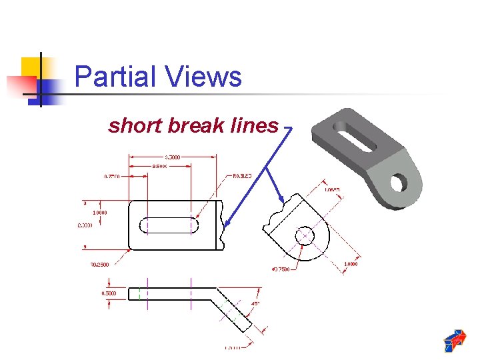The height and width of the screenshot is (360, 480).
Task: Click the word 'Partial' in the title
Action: (x=111, y=77)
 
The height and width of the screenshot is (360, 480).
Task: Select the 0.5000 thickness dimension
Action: (x=109, y=293)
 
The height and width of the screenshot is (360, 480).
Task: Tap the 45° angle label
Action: (x=255, y=304)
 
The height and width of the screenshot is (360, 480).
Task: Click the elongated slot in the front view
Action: (x=170, y=225)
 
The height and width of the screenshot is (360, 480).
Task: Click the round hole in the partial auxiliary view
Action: (x=305, y=235)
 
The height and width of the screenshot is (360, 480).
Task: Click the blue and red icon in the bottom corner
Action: (x=455, y=340)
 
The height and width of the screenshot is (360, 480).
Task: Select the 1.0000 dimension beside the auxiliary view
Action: (x=351, y=265)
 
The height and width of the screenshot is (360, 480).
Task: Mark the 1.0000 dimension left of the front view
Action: (x=101, y=213)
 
